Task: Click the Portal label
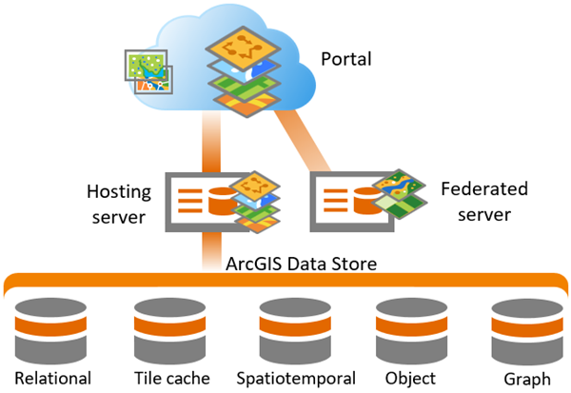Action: [345, 60]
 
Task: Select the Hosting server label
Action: [119, 205]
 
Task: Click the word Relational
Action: [52, 379]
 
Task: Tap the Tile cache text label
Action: [171, 379]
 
